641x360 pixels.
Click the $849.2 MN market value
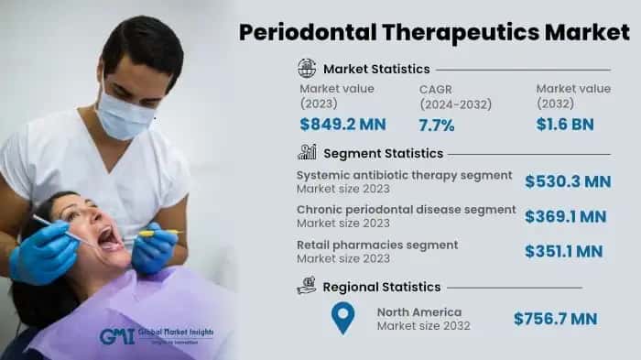coord(342,125)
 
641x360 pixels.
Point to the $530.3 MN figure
coord(568,182)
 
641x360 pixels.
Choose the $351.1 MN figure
coord(563,251)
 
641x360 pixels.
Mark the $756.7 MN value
coord(555,319)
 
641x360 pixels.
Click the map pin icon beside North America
coord(342,318)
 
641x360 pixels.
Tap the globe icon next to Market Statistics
coord(307,68)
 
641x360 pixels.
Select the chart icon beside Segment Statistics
coord(307,152)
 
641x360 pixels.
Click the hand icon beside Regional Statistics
coord(307,287)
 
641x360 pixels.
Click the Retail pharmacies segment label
coord(377,245)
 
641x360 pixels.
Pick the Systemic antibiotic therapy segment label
coord(404,175)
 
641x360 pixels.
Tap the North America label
coord(419,312)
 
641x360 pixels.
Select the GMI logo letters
coord(116,336)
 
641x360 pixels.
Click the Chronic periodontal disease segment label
coord(406,210)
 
